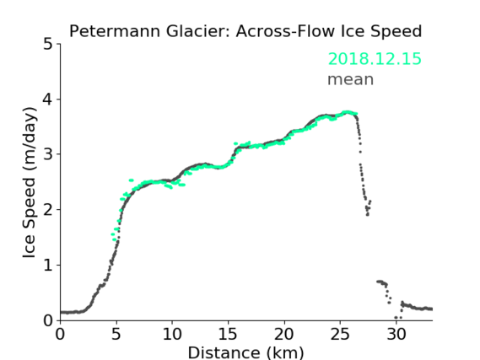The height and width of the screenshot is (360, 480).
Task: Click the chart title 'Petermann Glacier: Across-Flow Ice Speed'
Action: tap(245, 31)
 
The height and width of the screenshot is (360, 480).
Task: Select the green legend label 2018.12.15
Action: tap(375, 59)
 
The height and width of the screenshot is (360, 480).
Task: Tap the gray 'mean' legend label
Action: tap(351, 79)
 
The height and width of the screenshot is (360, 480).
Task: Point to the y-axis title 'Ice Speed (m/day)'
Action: tap(30, 183)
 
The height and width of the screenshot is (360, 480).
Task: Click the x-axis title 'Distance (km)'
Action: tap(245, 352)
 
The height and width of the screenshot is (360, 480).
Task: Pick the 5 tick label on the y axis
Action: tap(48, 44)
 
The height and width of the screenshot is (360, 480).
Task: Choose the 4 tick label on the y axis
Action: tap(48, 99)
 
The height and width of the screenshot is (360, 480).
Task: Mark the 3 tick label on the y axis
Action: tap(48, 154)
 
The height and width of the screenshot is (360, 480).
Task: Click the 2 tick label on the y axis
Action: tap(48, 210)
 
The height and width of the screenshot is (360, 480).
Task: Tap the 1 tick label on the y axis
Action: tap(48, 266)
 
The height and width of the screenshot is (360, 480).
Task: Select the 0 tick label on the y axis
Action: tap(48, 320)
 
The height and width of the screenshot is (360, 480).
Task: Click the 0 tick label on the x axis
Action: tap(60, 334)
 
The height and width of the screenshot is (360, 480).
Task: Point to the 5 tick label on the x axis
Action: tap(116, 334)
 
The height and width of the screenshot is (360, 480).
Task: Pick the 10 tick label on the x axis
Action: tap(172, 334)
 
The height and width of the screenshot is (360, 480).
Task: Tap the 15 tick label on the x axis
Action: tap(228, 334)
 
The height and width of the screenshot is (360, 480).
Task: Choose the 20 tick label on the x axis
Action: tap(284, 334)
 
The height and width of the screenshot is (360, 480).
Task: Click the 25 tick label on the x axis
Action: tap(340, 334)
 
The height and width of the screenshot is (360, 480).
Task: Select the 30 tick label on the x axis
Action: tap(396, 334)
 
